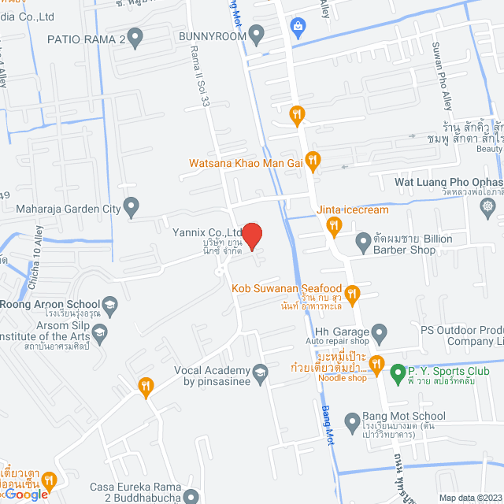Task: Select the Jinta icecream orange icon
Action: pos(334,228)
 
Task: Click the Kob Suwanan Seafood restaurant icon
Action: pos(353,295)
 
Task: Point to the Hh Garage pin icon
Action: pos(379,331)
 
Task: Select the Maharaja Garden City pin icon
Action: pos(132,209)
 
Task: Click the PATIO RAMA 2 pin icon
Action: pos(135,37)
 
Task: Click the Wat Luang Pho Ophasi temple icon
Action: pos(488,206)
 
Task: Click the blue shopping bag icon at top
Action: pos(298,28)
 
